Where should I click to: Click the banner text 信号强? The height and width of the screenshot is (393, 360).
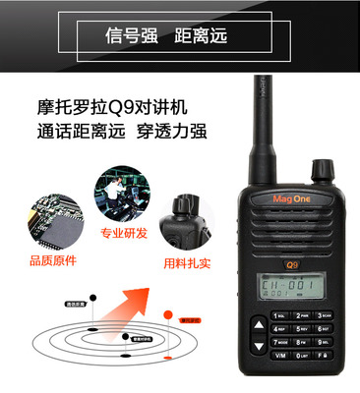click(130, 38)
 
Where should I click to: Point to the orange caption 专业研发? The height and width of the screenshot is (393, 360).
click(123, 234)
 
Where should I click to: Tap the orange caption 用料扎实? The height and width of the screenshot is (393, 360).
click(187, 263)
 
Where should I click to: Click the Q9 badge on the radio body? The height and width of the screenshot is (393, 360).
click(292, 263)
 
